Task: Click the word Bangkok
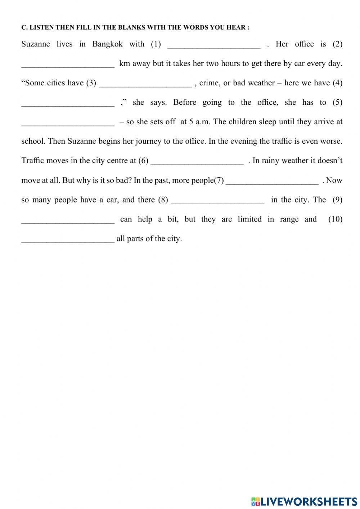[x=107, y=44]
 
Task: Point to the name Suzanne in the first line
[x=36, y=44]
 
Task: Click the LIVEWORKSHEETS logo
[x=304, y=501]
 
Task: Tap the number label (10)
[x=335, y=219]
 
